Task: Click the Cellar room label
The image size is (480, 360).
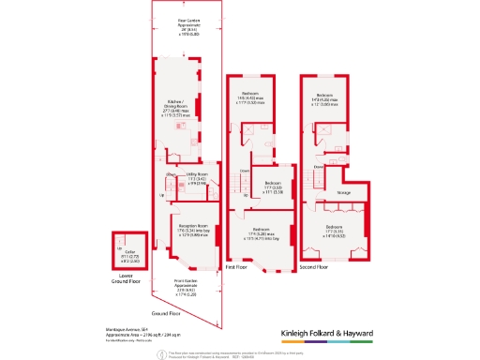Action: point(127,251)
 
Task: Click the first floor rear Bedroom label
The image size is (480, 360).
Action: point(250,96)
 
